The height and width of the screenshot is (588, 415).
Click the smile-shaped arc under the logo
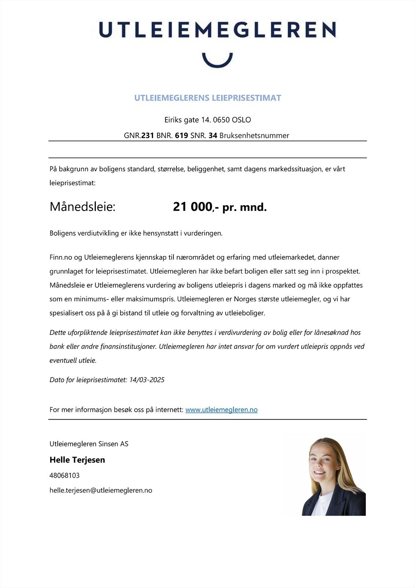pyautogui.click(x=217, y=62)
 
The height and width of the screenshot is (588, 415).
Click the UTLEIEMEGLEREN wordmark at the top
pyautogui.click(x=217, y=30)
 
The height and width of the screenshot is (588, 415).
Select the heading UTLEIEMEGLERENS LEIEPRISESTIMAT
pyautogui.click(x=208, y=98)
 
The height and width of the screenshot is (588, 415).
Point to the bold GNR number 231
pyautogui.click(x=148, y=135)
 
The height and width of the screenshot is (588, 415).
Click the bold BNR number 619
pyautogui.click(x=182, y=135)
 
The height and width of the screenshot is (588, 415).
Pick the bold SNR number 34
pyautogui.click(x=213, y=135)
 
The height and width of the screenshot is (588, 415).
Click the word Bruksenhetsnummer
pyautogui.click(x=254, y=135)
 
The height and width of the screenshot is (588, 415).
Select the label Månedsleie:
pyautogui.click(x=83, y=207)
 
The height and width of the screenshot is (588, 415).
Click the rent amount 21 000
pyautogui.click(x=193, y=207)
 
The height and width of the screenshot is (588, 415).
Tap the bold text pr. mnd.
pyautogui.click(x=244, y=208)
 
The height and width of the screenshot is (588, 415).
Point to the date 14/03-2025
pyautogui.click(x=147, y=380)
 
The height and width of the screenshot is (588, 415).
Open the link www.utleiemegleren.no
pyautogui.click(x=221, y=410)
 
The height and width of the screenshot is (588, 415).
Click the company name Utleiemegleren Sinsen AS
pyautogui.click(x=89, y=444)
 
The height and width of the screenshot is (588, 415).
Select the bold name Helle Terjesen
pyautogui.click(x=77, y=460)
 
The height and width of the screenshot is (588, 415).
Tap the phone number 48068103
pyautogui.click(x=65, y=475)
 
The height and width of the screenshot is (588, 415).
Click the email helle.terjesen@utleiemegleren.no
pyautogui.click(x=101, y=490)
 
